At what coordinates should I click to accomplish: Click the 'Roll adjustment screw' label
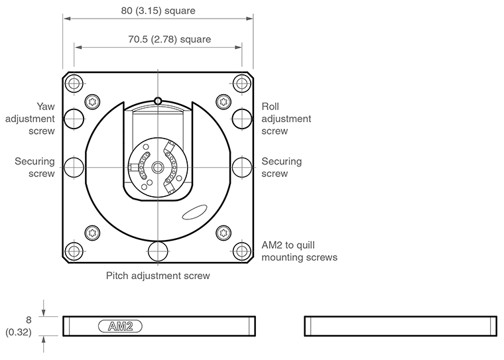286,118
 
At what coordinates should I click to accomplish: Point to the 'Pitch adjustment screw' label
158,275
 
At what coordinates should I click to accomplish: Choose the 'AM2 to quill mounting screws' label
300,251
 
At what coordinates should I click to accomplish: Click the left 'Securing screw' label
35,167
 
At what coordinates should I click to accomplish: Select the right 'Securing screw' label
281,167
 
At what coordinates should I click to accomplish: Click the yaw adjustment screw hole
74,119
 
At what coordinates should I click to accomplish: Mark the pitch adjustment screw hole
158,251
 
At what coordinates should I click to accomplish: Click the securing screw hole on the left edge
74,166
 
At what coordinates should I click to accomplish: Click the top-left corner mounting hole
74,84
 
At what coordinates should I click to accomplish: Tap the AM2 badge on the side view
120,326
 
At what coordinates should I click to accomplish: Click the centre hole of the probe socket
158,167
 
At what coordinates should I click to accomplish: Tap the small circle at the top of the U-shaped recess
158,101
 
